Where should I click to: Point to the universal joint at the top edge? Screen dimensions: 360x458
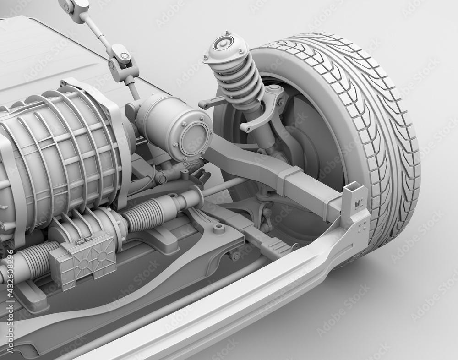75,6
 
